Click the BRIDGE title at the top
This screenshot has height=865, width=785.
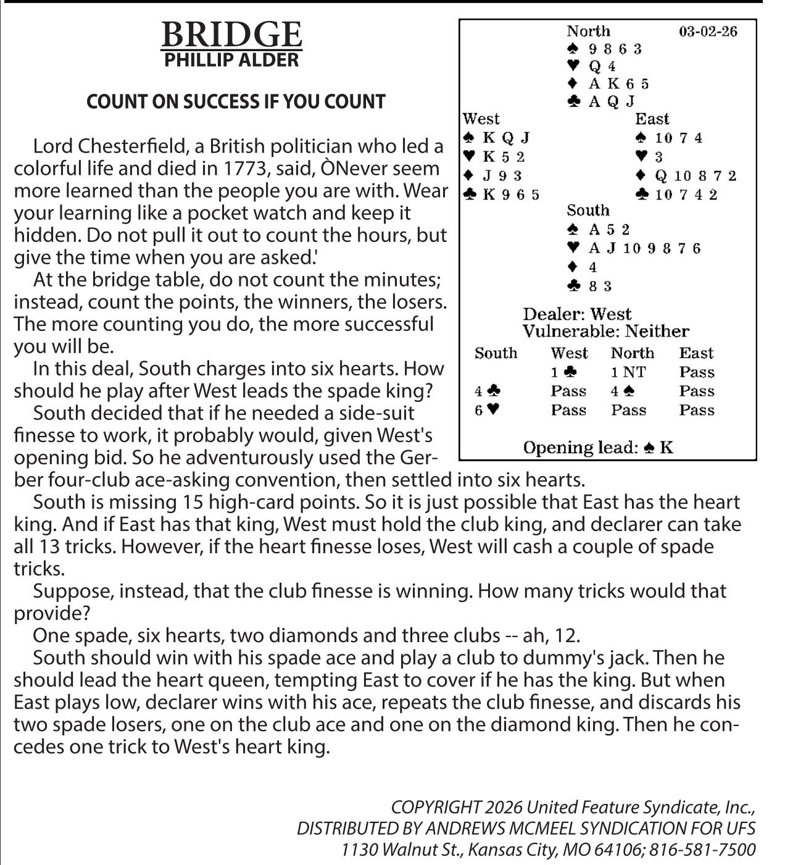231,35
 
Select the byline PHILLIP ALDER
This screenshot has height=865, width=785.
231,60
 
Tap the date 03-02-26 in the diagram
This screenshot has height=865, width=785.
708,31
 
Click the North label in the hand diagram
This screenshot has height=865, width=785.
588,31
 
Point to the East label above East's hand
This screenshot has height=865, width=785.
652,119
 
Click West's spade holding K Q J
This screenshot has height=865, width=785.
497,138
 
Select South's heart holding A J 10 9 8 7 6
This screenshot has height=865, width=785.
635,248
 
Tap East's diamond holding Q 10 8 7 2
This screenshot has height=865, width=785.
686,176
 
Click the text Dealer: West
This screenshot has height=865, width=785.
577,314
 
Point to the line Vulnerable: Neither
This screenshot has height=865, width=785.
605,332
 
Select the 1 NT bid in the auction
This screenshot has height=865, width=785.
628,372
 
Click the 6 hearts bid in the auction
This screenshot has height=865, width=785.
486,410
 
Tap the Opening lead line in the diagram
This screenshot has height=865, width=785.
597,448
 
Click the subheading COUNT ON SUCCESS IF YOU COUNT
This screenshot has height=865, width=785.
236,102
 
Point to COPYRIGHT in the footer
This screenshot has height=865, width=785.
435,808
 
